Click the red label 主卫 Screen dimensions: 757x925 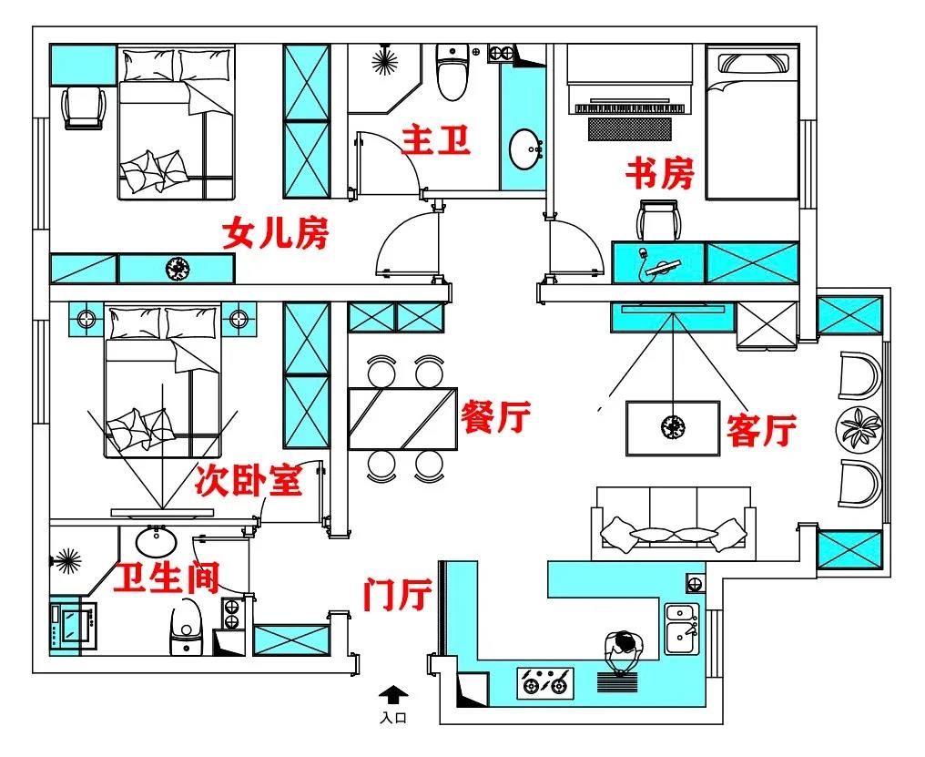click(x=436, y=143)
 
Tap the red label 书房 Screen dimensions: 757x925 click(x=660, y=172)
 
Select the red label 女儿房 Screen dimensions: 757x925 click(x=275, y=235)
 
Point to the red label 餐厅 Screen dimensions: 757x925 click(x=496, y=418)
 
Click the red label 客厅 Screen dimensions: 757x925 click(x=762, y=429)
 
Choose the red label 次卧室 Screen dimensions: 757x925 click(x=249, y=481)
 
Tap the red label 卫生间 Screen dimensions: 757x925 click(x=166, y=578)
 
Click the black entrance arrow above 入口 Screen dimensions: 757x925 click(x=392, y=696)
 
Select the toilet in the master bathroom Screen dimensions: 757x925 click(x=451, y=74)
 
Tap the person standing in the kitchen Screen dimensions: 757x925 click(x=624, y=650)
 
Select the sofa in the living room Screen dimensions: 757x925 click(x=673, y=524)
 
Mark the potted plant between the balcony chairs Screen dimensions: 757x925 click(x=859, y=426)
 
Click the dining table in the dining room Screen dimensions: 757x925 click(x=402, y=418)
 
